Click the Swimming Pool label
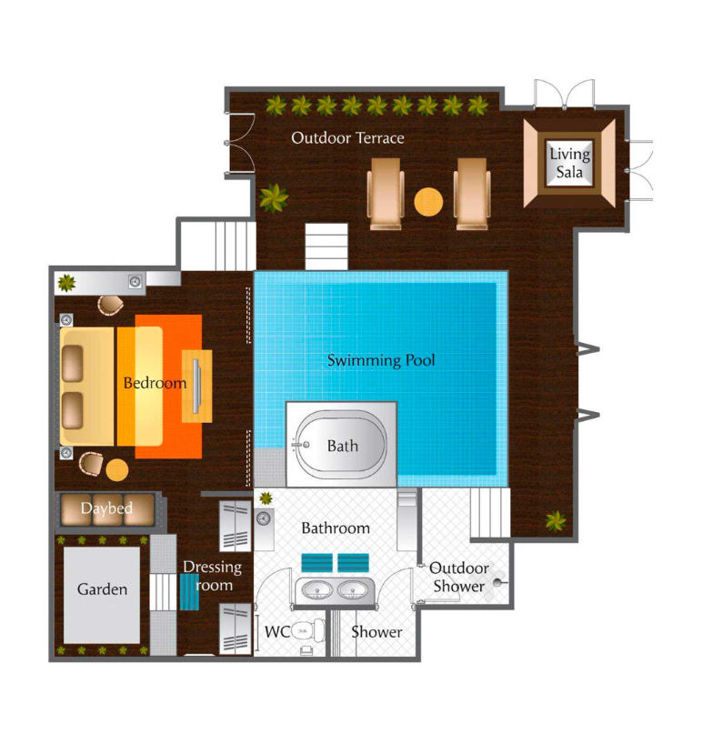coord(381,360)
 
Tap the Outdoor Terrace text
coord(347,138)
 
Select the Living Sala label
coord(570,163)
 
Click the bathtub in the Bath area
coord(341,446)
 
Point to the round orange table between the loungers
coord(428,202)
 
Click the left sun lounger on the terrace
coord(386,194)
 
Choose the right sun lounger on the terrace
coord(472,194)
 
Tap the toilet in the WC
coord(308,631)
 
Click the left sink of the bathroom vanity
coord(317,591)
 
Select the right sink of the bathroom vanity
coord(353,591)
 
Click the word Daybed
coord(106,508)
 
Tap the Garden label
coord(102,588)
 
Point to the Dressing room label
coord(212,576)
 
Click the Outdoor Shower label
coord(458,578)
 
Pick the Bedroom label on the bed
coord(155,383)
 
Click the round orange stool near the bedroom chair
coord(117,470)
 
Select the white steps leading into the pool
coord(326,246)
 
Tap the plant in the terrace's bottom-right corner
coord(556,521)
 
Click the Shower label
coord(376,632)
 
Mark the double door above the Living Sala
coord(565,94)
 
